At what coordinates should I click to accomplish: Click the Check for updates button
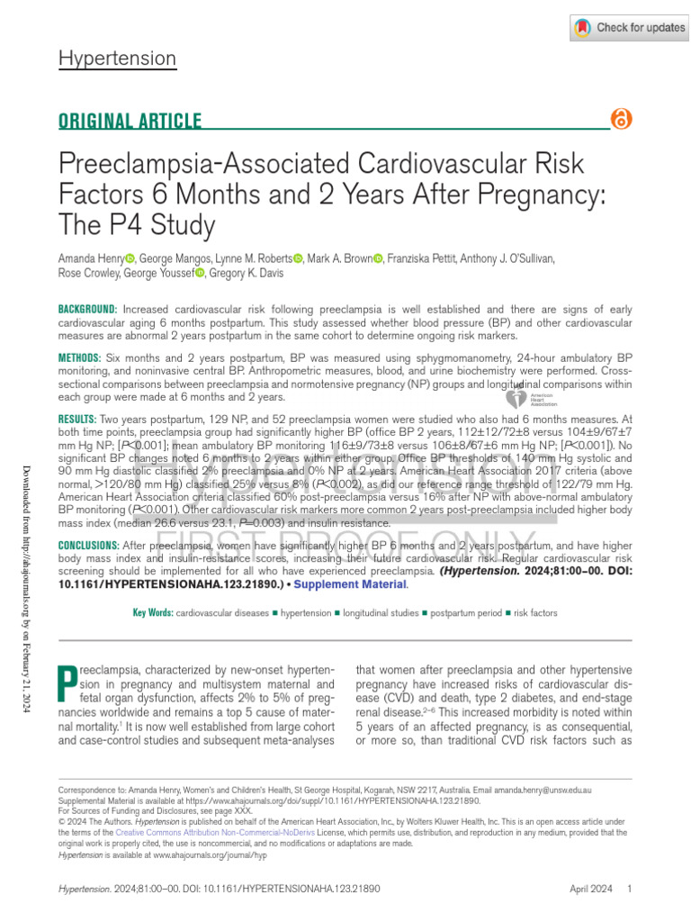[x=629, y=28]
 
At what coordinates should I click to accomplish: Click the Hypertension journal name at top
[x=117, y=59]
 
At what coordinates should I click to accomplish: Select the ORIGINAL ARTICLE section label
[x=130, y=122]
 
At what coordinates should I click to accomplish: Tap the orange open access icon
[x=621, y=120]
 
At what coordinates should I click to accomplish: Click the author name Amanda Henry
[x=91, y=258]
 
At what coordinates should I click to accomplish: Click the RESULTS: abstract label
[x=76, y=420]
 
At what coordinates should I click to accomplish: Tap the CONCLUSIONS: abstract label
[x=88, y=546]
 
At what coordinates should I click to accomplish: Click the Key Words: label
[x=152, y=613]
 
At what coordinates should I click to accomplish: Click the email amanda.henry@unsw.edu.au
[x=546, y=789]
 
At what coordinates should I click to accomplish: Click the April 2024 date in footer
[x=590, y=890]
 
